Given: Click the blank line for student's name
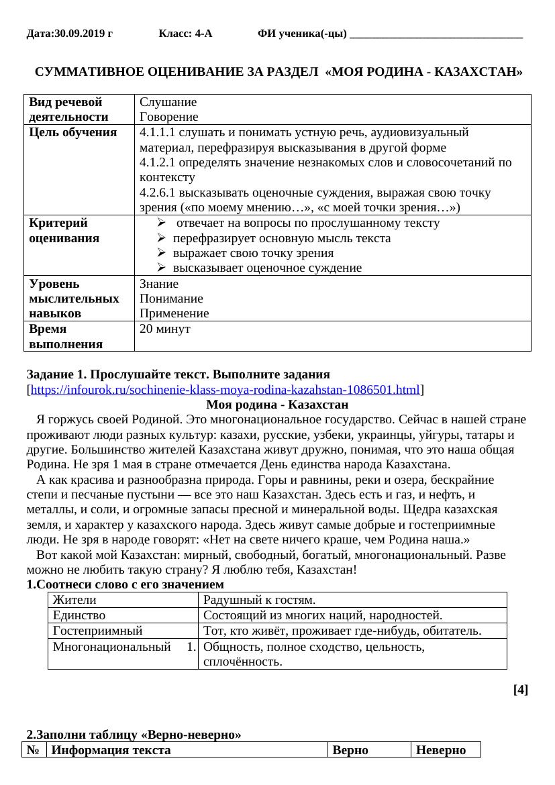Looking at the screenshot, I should pyautogui.click(x=436, y=35).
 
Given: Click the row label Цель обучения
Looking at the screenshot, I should pyautogui.click(x=73, y=132).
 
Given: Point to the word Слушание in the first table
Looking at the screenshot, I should pyautogui.click(x=168, y=102).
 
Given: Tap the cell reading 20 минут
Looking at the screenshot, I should pyautogui.click(x=165, y=329).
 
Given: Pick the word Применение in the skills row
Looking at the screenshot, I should pyautogui.click(x=174, y=313).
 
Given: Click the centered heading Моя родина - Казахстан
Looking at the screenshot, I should pyautogui.click(x=277, y=405).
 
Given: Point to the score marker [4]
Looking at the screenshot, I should pyautogui.click(x=520, y=689).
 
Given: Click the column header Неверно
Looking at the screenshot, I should pyautogui.click(x=441, y=750).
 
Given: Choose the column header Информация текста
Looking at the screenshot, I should pyautogui.click(x=111, y=750).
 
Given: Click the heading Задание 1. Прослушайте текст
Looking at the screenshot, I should pyautogui.click(x=178, y=374).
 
